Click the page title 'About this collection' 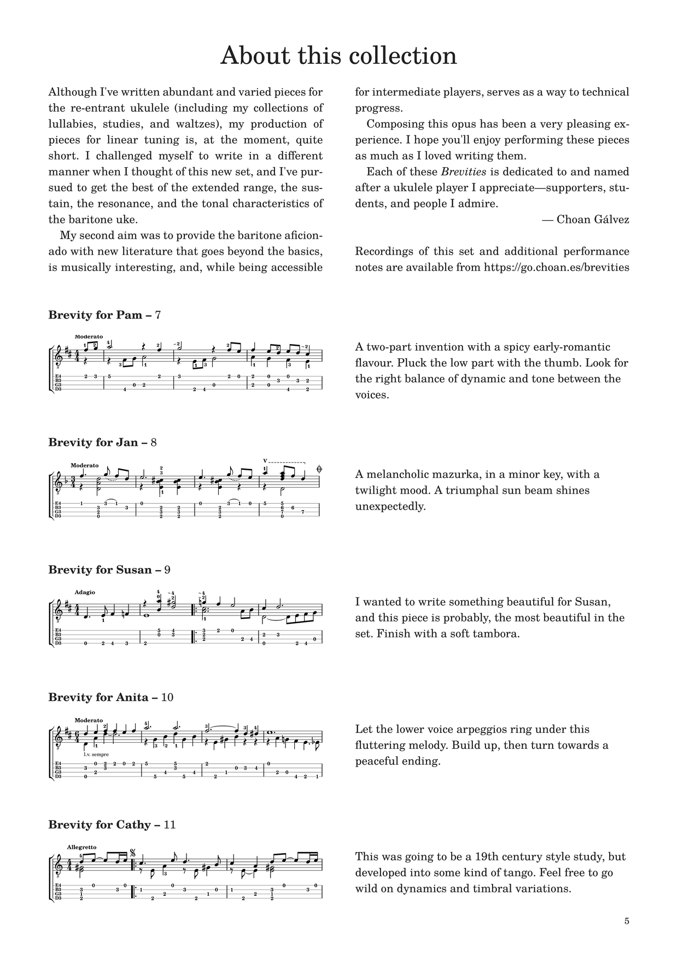click(x=338, y=56)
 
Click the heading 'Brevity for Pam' click(x=96, y=315)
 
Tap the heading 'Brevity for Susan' click(x=100, y=570)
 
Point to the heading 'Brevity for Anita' click(x=98, y=697)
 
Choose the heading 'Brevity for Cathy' click(x=99, y=825)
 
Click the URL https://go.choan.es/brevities click(x=556, y=268)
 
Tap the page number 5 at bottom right click(x=627, y=921)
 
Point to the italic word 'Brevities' click(x=464, y=172)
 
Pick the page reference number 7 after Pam click(x=158, y=315)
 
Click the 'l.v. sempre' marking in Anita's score click(x=97, y=754)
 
